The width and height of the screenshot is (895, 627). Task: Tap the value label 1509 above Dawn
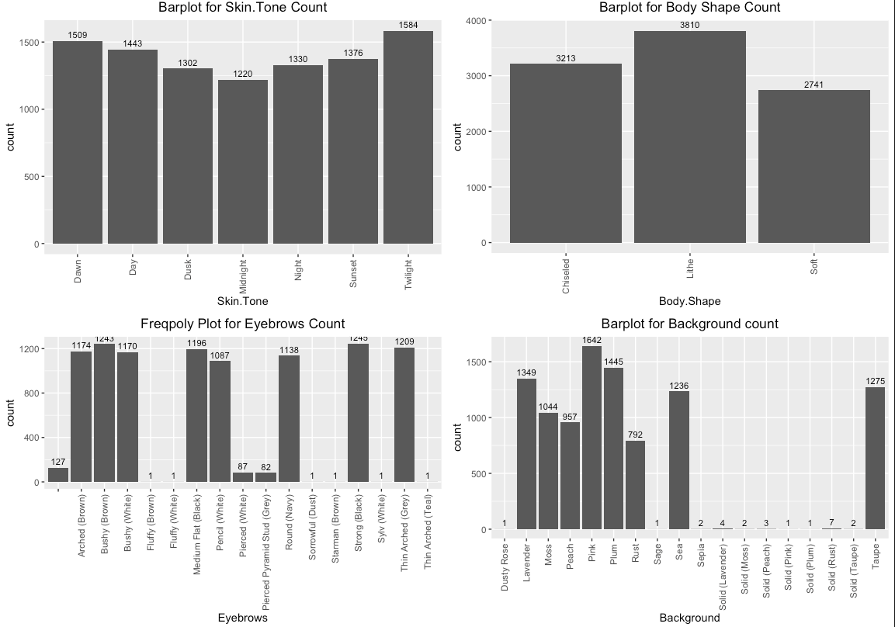pyautogui.click(x=78, y=35)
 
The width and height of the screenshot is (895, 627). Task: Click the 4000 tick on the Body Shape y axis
pyautogui.click(x=483, y=20)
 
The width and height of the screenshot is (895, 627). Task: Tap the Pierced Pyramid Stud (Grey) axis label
pyautogui.click(x=266, y=551)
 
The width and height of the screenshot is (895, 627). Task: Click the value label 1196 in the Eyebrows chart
pyautogui.click(x=197, y=344)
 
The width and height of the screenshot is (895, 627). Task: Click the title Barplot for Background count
pyautogui.click(x=689, y=324)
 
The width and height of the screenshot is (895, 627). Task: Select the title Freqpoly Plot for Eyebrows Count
pyautogui.click(x=242, y=324)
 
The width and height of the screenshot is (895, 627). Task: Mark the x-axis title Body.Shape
pyautogui.click(x=689, y=301)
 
